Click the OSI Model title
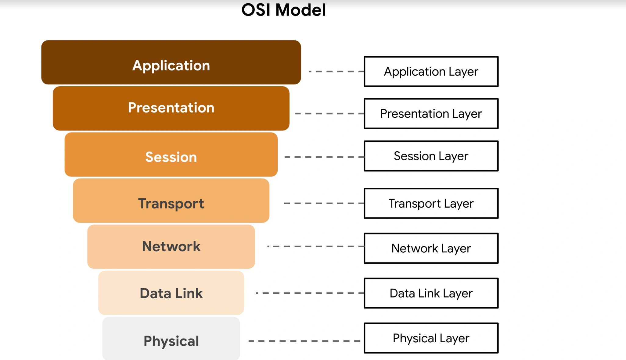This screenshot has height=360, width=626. [x=283, y=10]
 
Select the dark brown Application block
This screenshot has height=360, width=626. [x=171, y=62]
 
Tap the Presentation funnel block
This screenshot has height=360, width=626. [x=171, y=108]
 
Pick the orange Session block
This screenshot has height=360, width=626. [x=171, y=155]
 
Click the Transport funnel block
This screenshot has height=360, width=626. [x=171, y=201]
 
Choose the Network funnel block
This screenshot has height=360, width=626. [x=171, y=247]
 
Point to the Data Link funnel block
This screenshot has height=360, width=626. [x=171, y=293]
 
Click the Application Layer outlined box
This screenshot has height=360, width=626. [x=431, y=72]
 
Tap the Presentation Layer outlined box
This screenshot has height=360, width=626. [x=431, y=114]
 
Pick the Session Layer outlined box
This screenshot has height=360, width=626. [x=431, y=156]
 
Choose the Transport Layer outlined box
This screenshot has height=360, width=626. [x=431, y=203]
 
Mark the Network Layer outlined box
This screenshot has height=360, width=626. [x=431, y=248]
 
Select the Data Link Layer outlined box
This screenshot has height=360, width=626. [x=431, y=293]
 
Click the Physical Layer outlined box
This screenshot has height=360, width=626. [x=431, y=338]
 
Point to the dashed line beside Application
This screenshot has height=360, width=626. [x=336, y=71]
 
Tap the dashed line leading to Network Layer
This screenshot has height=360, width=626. [x=316, y=246]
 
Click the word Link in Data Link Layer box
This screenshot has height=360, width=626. [x=429, y=293]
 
